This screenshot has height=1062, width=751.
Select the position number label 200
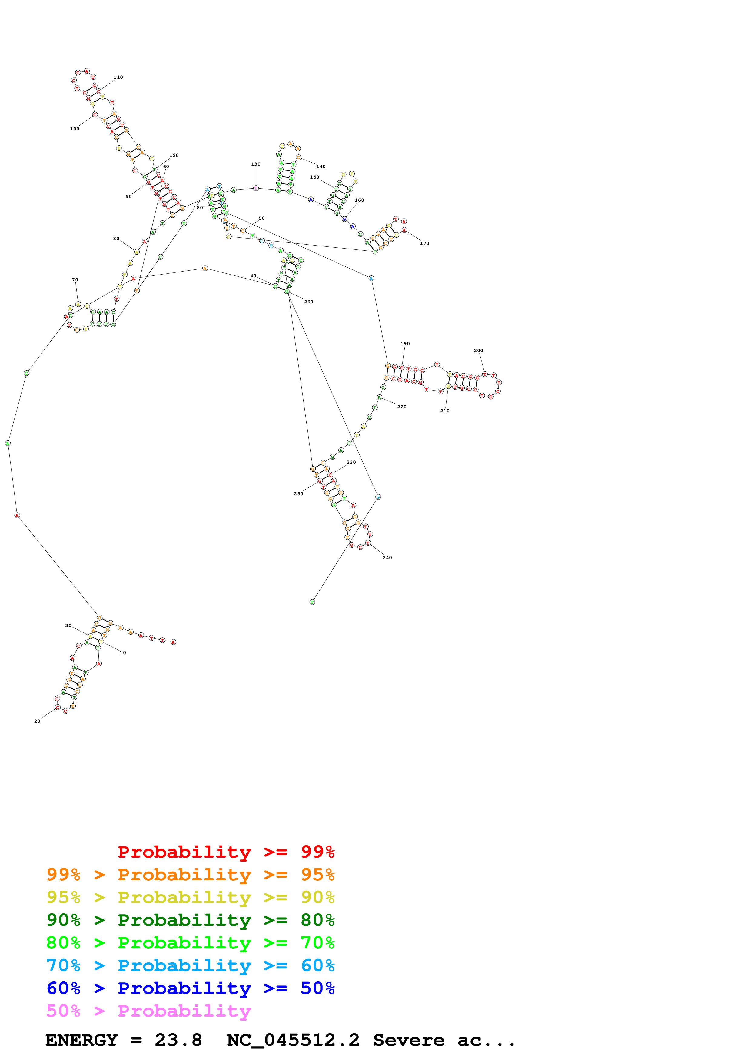click(x=478, y=351)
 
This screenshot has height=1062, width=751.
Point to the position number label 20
click(x=37, y=721)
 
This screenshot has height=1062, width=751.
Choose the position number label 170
click(x=424, y=243)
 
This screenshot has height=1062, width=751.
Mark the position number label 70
click(x=75, y=280)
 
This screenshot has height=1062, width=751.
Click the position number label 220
click(x=402, y=407)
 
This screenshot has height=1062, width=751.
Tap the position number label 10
click(x=123, y=653)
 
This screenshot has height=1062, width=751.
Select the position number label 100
click(x=75, y=129)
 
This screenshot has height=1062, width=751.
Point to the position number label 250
click(x=298, y=493)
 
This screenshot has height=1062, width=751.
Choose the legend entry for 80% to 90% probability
click(x=190, y=920)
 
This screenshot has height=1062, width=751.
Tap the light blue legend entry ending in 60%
click(x=190, y=965)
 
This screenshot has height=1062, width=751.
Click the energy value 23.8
click(x=178, y=1040)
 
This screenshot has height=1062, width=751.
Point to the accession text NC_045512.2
click(x=293, y=1040)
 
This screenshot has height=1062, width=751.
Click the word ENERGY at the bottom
click(x=81, y=1040)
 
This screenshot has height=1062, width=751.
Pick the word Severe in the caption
click(x=409, y=1040)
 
